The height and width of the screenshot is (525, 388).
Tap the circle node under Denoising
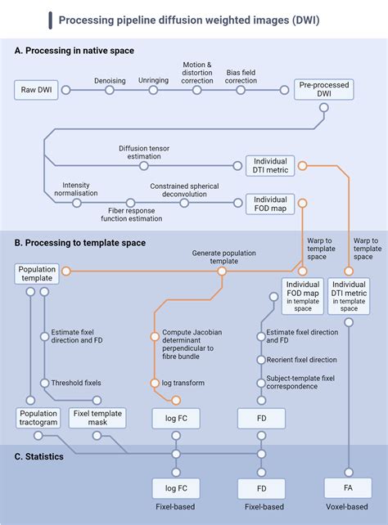[x=109, y=89]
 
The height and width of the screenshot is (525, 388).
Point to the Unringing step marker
[x=153, y=89]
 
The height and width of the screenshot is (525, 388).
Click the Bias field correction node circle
[x=241, y=89]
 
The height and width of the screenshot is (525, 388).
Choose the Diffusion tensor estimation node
[x=143, y=165]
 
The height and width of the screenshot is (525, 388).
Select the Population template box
[x=38, y=273]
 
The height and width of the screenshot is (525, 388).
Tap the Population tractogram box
[x=38, y=419]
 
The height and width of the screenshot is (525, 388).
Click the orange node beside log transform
[x=153, y=383]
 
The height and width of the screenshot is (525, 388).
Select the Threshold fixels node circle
[x=43, y=383]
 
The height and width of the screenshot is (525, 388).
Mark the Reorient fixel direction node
[x=261, y=360]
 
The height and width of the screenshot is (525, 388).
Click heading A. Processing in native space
[x=74, y=51]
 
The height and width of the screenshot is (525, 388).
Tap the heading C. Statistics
[x=38, y=456]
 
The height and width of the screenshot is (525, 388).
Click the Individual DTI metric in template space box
[x=349, y=296]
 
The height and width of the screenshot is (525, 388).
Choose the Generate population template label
[x=221, y=258]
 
